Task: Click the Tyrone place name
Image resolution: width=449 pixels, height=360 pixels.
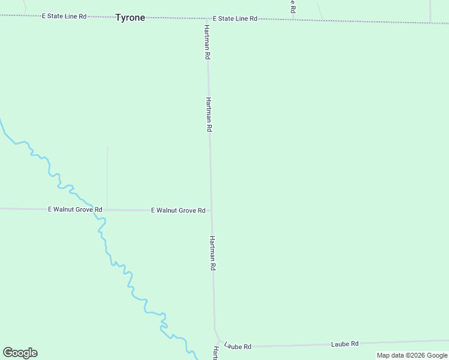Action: coord(130,17)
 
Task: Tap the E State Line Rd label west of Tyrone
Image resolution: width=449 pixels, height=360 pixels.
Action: coord(64,16)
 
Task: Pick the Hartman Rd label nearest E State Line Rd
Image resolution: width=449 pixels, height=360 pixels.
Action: coord(206,41)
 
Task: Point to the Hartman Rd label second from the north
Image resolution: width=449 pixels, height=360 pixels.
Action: coord(209,115)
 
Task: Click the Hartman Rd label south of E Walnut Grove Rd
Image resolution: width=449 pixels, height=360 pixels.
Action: coord(212,253)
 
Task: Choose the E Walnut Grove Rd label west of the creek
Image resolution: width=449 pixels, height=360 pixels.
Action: coord(75,209)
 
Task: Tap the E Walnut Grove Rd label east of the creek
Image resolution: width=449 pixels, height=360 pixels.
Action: coord(178,211)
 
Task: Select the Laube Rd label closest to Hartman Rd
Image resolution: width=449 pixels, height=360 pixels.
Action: coord(238,346)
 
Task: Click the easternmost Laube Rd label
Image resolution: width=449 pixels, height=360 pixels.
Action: coord(345,344)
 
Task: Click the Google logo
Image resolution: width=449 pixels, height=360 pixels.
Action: coord(20,353)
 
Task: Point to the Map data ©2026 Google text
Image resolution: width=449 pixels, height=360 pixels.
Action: coord(412,355)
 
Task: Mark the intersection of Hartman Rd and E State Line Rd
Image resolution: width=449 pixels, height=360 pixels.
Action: coord(207,19)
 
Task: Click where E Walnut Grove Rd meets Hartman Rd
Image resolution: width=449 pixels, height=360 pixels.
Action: coord(211,211)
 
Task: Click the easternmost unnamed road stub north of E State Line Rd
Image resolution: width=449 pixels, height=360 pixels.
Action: coord(430,11)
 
